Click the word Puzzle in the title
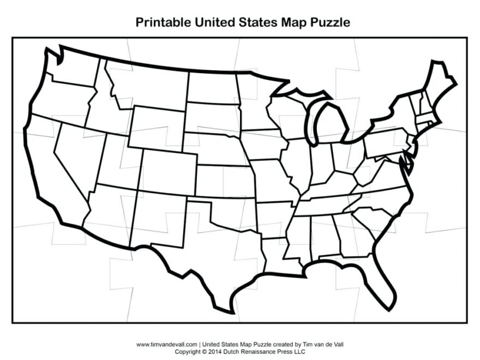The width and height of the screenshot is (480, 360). click(328, 22)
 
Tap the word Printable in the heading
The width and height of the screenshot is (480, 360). click(161, 22)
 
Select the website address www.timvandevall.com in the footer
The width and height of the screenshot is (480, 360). click(167, 345)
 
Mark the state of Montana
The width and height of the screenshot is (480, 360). click(147, 87)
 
